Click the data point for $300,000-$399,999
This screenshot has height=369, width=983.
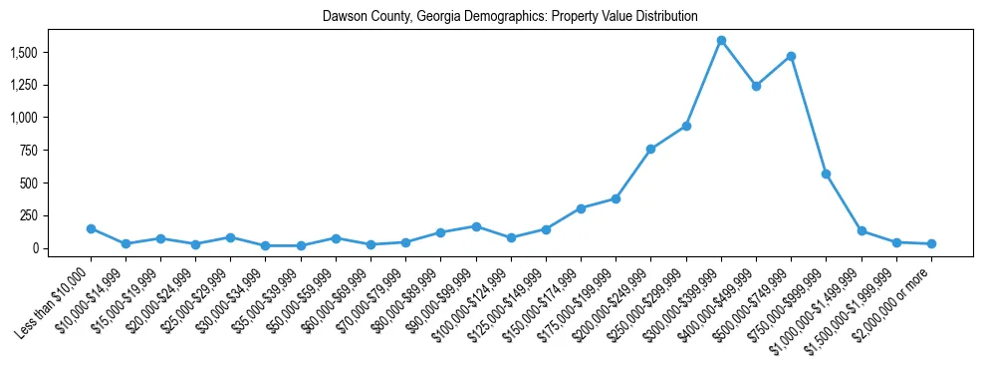tap(721, 41)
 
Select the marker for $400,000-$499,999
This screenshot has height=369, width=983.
tap(756, 86)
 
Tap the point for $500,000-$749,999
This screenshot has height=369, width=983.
tap(791, 57)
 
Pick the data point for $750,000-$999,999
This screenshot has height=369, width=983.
tap(826, 174)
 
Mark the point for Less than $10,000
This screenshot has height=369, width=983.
tap(91, 228)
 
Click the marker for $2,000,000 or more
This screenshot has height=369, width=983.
tap(931, 243)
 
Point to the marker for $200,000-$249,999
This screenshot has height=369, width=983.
tap(650, 149)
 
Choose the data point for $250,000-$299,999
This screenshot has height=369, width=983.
tap(686, 126)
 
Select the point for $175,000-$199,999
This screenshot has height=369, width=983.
tap(615, 198)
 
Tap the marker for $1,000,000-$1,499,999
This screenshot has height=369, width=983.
tap(861, 231)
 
